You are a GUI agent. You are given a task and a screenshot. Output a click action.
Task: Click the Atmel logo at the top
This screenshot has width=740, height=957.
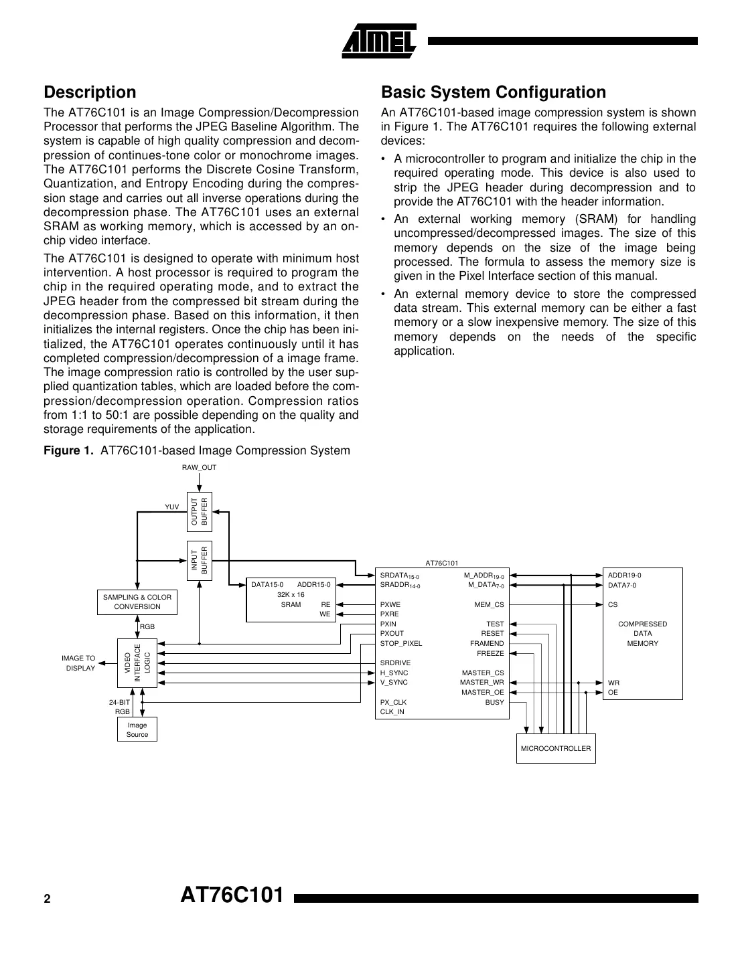point(379,41)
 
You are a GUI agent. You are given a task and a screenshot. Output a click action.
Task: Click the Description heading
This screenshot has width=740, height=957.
point(90,92)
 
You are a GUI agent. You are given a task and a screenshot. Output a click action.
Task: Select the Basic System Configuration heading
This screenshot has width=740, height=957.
point(493,92)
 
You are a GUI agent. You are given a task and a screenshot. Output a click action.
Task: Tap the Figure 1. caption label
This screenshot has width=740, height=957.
point(69,450)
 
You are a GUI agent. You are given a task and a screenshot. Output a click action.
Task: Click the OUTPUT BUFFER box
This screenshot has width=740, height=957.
point(200,511)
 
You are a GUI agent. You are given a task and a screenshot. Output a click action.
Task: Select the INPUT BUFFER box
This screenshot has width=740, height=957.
point(200,561)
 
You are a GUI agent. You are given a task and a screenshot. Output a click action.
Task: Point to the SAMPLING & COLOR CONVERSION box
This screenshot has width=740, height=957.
point(137,602)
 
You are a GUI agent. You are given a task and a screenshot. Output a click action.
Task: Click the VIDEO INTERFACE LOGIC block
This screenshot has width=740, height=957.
point(137,663)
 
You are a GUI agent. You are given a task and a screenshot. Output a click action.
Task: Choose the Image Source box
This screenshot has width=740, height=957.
point(137,729)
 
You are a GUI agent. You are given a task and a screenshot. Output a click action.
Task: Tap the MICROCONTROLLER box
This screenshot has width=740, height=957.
point(556,748)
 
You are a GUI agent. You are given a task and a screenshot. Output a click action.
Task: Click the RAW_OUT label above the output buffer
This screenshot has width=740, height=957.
point(200,467)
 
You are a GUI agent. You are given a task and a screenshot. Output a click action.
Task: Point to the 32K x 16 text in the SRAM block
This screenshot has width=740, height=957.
point(291,594)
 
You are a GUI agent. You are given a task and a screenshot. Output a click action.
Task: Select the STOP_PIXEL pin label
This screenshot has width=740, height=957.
point(401,643)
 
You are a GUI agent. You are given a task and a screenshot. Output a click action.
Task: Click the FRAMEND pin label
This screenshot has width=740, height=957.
point(487,643)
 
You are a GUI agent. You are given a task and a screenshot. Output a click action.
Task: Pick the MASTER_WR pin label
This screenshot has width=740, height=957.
point(482,683)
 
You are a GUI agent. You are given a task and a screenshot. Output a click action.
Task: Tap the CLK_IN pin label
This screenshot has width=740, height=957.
point(392,711)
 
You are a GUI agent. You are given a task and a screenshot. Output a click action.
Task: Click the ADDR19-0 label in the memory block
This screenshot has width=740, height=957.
point(624,575)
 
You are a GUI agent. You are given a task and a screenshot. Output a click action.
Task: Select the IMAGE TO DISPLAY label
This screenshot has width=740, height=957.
point(79,663)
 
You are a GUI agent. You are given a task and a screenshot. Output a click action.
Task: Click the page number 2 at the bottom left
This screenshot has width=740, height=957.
point(47,899)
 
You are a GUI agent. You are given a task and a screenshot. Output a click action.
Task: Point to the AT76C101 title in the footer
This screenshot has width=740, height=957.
point(232,895)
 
